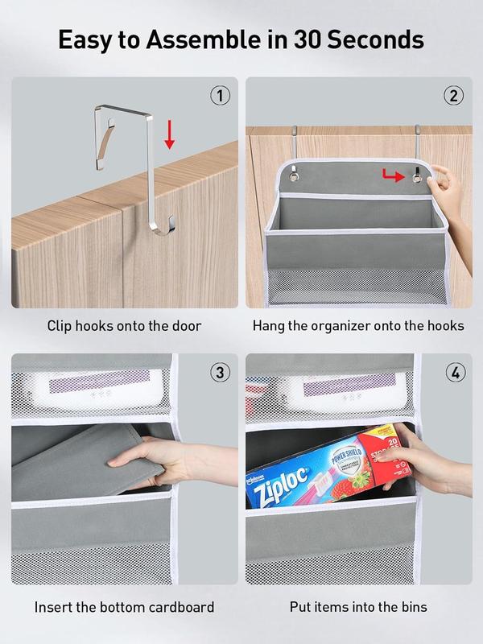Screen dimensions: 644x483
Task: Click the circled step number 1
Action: click(x=220, y=97)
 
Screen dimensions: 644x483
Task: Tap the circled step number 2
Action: click(x=453, y=97)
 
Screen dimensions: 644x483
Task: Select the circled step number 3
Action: click(x=220, y=373)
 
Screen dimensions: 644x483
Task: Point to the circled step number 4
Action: click(x=453, y=373)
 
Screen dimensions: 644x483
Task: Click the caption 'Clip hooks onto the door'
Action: click(x=124, y=326)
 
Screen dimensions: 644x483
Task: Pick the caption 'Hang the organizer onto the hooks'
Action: click(x=358, y=326)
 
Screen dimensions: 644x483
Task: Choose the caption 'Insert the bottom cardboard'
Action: click(x=124, y=606)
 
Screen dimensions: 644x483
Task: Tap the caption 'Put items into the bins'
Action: click(x=358, y=606)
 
